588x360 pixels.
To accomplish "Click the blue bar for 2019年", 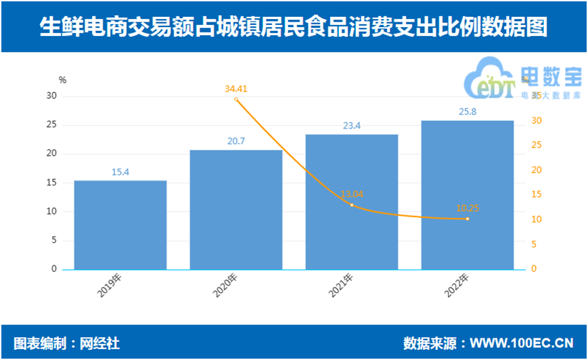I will click(x=120, y=225).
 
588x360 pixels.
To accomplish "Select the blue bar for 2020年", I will click(x=236, y=210).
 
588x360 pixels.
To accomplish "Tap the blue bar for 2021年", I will click(x=352, y=202).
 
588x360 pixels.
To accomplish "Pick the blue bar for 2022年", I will click(x=468, y=195).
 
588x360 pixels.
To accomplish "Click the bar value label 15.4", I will click(x=120, y=173).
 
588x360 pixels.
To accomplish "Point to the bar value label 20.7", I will click(x=236, y=141).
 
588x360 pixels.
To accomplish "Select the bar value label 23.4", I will click(x=352, y=126).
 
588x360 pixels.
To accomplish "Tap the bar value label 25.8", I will click(x=468, y=112).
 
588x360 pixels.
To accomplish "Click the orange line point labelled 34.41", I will click(x=236, y=99).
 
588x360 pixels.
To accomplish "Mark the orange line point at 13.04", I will click(x=352, y=204).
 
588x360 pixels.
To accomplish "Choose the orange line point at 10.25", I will click(x=468, y=219).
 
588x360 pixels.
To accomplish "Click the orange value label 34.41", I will click(x=236, y=88).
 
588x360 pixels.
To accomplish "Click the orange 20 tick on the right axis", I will click(x=535, y=170).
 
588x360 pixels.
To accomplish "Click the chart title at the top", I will click(x=294, y=27).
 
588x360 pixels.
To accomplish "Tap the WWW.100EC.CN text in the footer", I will click(x=522, y=343).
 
